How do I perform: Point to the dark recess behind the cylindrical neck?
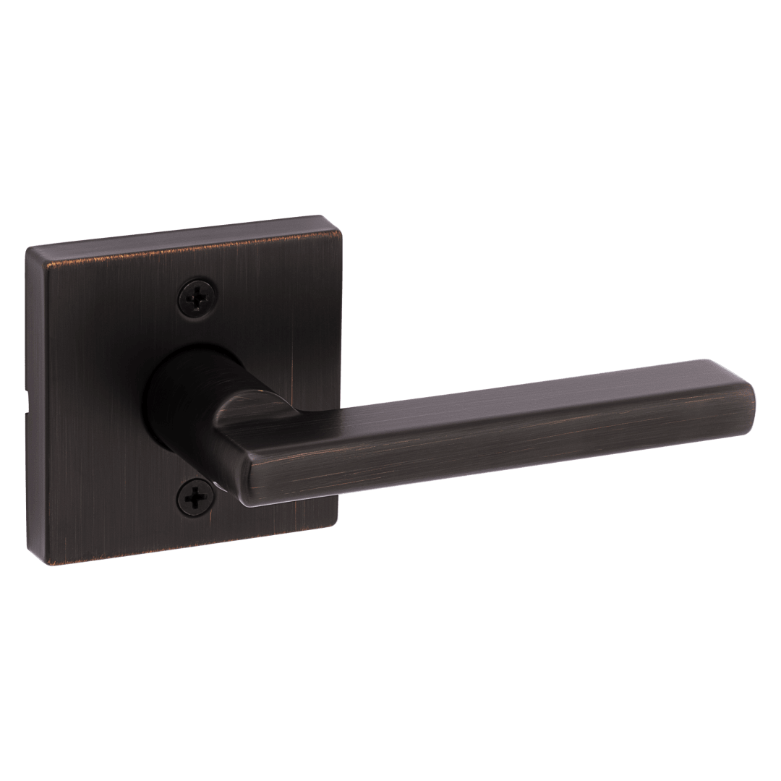pos(155,405)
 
